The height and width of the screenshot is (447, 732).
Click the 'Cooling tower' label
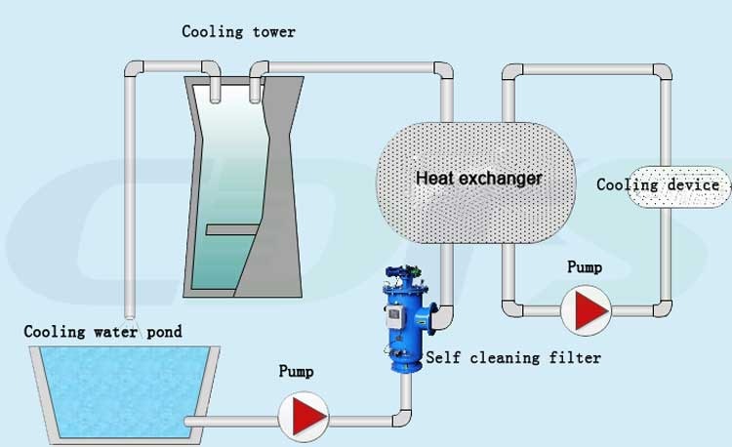pos(238,32)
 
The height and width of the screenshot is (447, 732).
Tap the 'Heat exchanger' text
pos(478,179)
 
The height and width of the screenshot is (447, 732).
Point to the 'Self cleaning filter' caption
pos(513,358)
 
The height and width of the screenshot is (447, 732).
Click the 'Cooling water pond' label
pos(102,332)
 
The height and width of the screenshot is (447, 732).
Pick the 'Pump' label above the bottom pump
pos(297,372)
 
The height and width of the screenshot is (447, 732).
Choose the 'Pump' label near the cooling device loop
pos(584,266)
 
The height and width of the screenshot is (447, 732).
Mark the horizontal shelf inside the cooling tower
pos(230,230)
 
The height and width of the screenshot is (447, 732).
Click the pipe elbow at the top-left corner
pos(134,70)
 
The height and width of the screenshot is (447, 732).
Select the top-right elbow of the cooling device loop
pos(662,73)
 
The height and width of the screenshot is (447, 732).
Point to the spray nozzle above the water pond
pos(132,321)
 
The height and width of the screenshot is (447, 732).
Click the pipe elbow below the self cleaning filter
pos(401,417)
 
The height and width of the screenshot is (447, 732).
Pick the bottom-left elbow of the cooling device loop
pos(509,305)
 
